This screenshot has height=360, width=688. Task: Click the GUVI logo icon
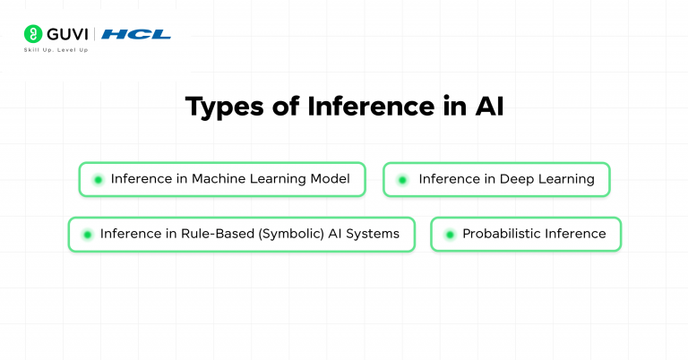point(33,34)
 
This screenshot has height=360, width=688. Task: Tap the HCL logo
point(136,34)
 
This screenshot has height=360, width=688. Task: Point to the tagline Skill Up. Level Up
point(56,50)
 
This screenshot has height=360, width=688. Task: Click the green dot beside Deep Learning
point(402,179)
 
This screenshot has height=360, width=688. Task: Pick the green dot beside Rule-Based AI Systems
point(88,235)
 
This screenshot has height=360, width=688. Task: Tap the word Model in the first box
point(329,179)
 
